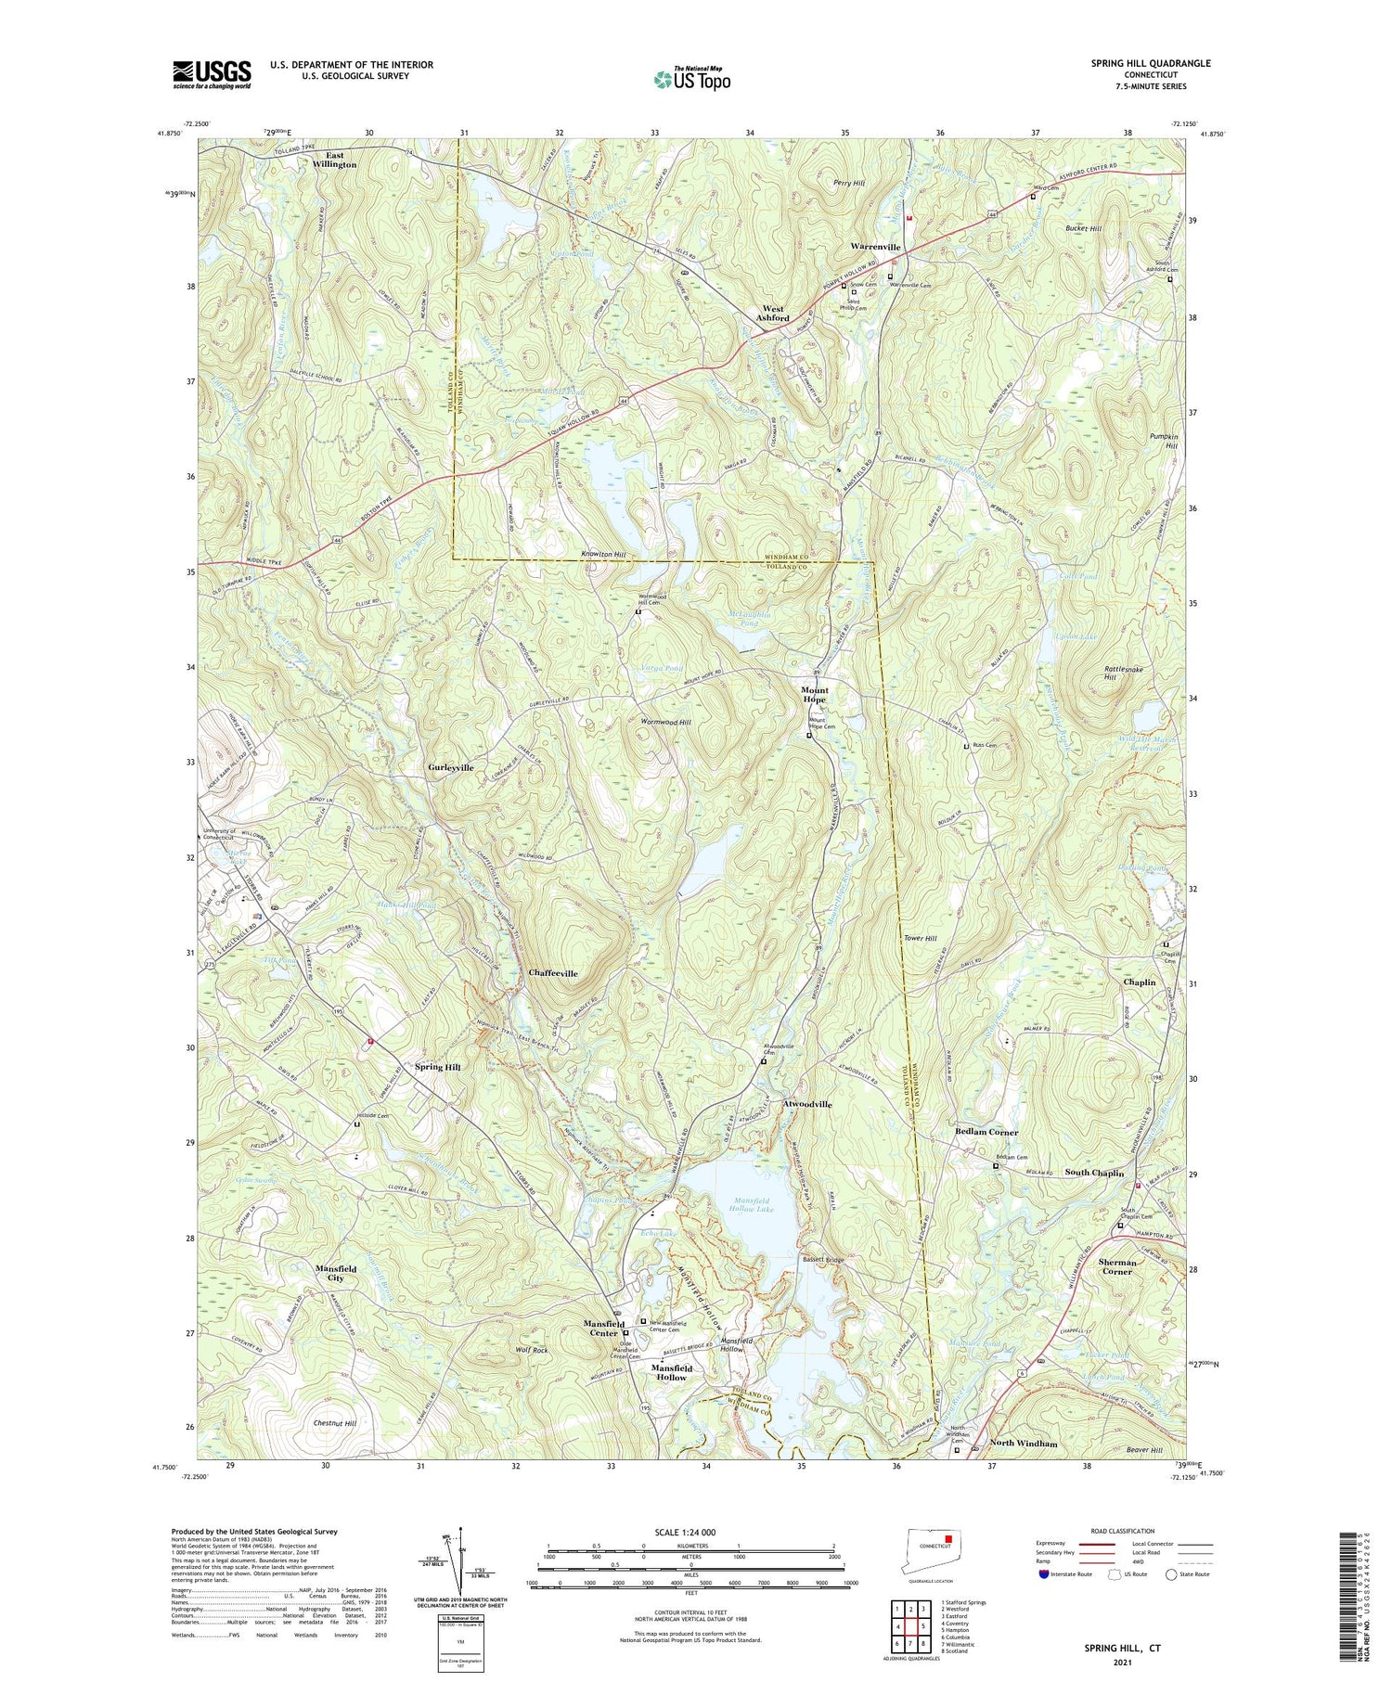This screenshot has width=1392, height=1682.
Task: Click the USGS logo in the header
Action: [212, 74]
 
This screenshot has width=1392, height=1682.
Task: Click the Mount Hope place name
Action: [814, 696]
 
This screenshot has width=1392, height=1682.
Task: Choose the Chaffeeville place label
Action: [553, 973]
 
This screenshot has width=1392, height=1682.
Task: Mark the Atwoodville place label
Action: [807, 1105]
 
